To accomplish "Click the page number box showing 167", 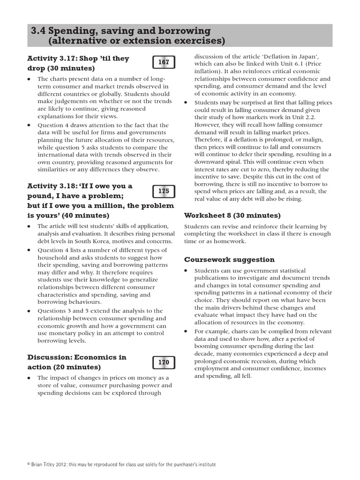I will tap(164, 62).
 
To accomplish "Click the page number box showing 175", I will tap(164, 191).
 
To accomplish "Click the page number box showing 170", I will tap(164, 362).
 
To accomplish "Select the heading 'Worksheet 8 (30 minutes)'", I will tap(232, 215).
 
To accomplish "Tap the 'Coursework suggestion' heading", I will tap(229, 259).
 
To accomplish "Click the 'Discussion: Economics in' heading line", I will tap(77, 357).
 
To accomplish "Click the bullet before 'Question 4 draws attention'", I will tap(30, 126).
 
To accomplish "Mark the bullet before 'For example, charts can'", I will tap(186, 331).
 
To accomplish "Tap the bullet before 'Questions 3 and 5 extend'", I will tap(30, 311).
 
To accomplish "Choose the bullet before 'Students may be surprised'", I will tap(186, 103).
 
